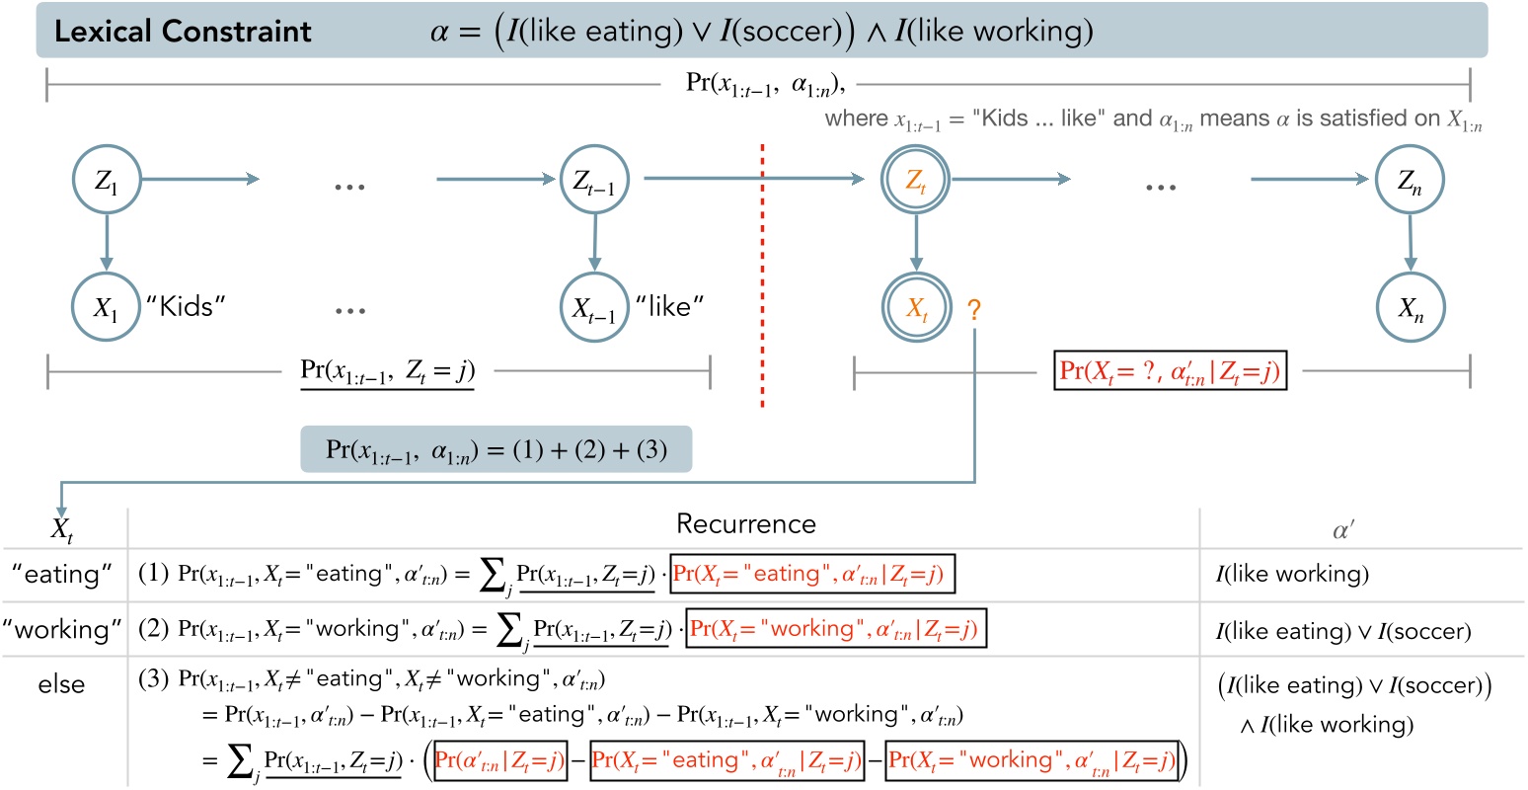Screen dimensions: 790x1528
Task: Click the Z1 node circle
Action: [x=107, y=181]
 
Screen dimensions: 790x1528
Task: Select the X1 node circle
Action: [x=106, y=307]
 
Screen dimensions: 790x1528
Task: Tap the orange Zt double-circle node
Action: [x=916, y=181]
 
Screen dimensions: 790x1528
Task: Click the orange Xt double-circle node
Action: [x=917, y=308]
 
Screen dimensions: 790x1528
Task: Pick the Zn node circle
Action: [x=1410, y=181]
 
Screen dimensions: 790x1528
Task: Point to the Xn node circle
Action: [x=1411, y=308]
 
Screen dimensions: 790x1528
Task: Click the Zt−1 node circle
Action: [x=594, y=181]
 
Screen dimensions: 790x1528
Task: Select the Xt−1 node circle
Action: [x=594, y=308]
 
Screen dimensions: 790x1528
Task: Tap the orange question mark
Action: [x=974, y=311]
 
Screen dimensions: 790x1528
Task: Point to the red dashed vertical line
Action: [x=762, y=276]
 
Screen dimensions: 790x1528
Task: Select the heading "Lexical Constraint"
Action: [x=183, y=32]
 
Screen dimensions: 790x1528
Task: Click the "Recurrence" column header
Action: [x=745, y=524]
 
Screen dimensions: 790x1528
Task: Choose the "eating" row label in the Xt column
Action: [x=62, y=574]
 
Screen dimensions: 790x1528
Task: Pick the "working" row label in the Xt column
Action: [x=62, y=629]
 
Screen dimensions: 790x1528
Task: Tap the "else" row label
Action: [x=61, y=684]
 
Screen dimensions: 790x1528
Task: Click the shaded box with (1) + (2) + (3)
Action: [x=497, y=450]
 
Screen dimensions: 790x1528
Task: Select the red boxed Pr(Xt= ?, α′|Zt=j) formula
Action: [x=1170, y=371]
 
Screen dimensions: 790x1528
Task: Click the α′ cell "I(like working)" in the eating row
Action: [x=1292, y=574]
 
